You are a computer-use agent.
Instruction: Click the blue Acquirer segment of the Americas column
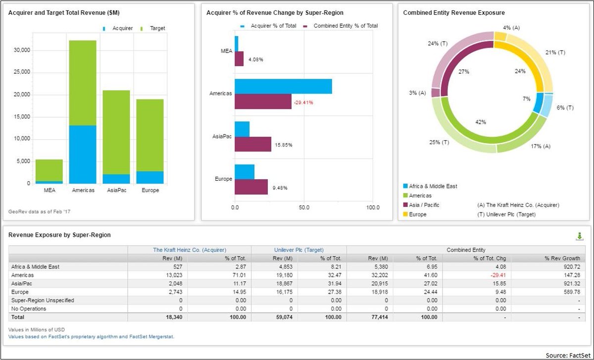[83, 154]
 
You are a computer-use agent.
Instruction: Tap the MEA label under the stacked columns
[49, 191]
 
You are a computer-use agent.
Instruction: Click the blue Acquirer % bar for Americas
[283, 86]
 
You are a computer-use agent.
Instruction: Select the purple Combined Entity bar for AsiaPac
[253, 144]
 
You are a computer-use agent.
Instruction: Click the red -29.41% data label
[303, 103]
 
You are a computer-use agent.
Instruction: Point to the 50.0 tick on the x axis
[303, 208]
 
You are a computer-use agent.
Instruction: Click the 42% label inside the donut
[481, 122]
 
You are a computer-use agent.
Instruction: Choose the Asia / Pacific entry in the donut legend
[422, 205]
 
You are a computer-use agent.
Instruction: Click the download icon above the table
[580, 237]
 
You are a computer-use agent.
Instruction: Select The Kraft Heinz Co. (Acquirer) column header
[189, 250]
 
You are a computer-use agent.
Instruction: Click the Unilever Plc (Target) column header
[299, 250]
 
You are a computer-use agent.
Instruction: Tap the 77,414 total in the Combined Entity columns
[383, 317]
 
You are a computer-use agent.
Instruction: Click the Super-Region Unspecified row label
[41, 300]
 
